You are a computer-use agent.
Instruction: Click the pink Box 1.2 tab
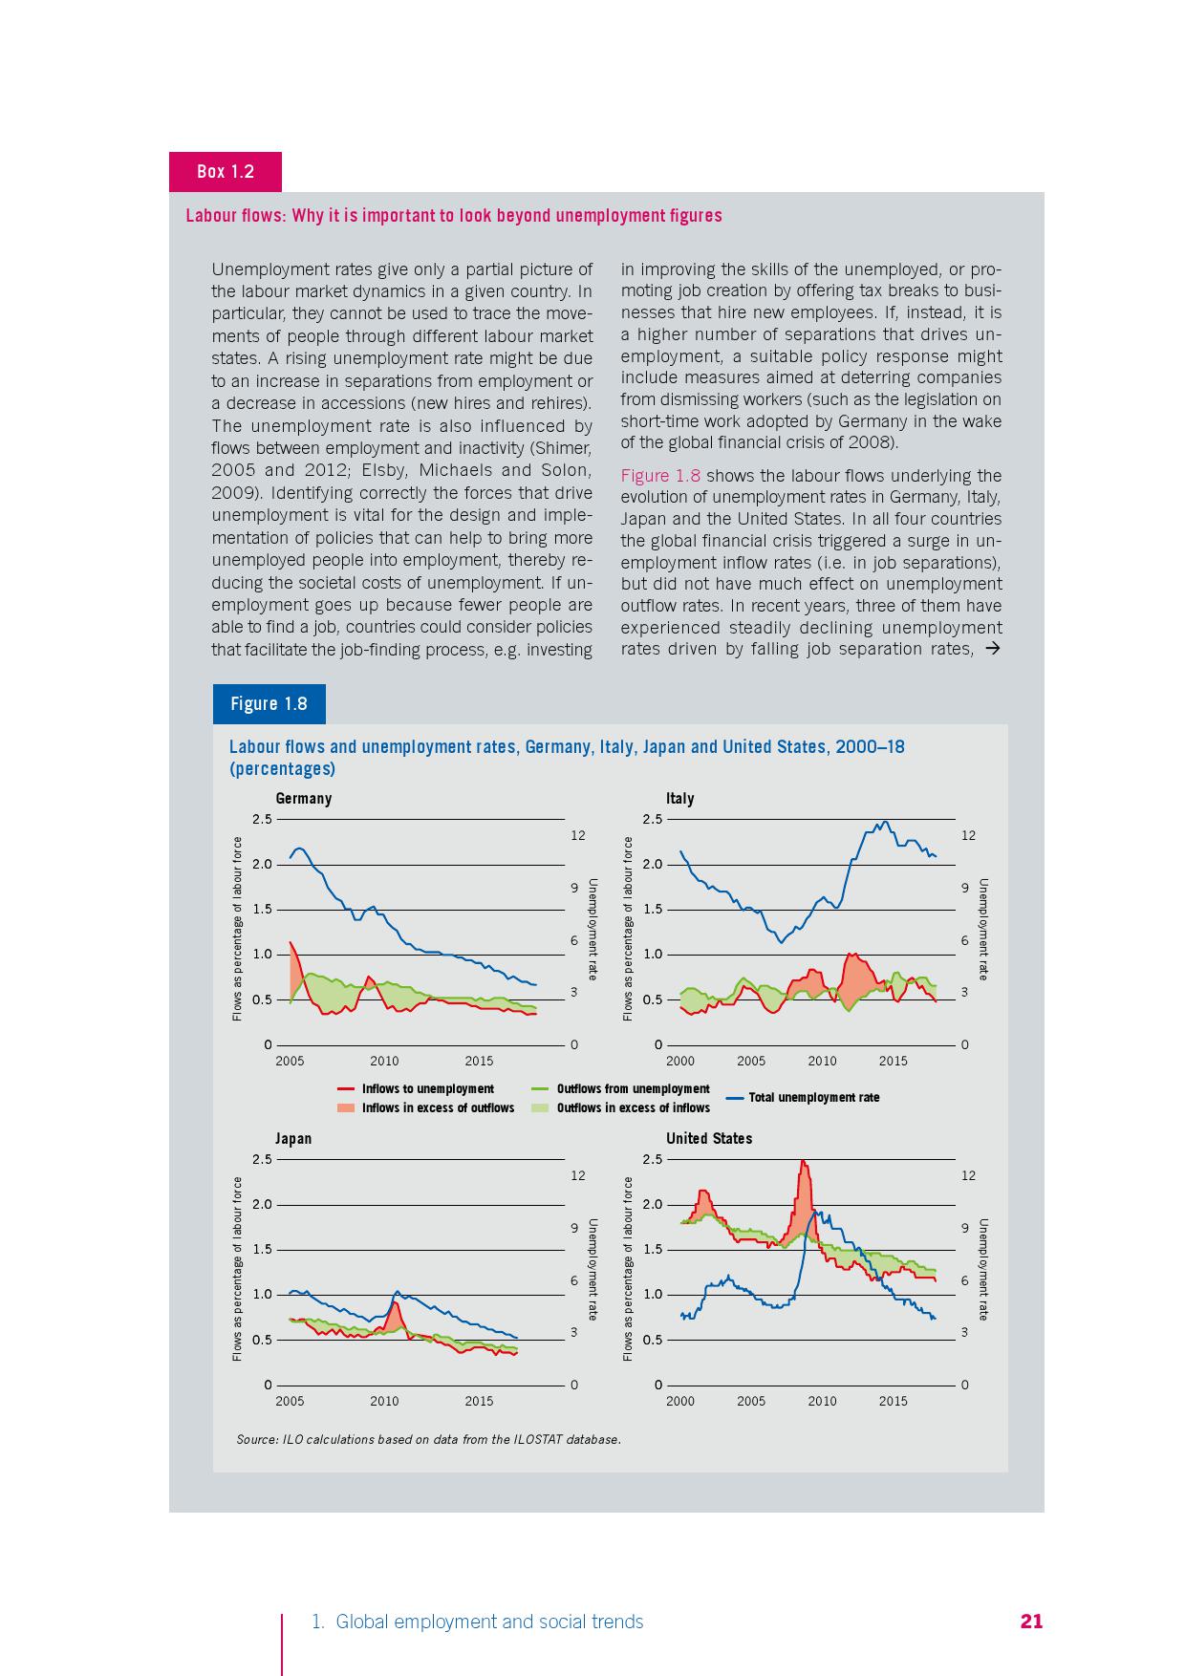coord(226,172)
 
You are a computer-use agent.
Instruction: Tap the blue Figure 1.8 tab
coord(269,704)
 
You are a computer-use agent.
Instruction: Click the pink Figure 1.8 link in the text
coord(660,476)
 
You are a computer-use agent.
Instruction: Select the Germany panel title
coord(303,799)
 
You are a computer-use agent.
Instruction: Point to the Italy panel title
coord(679,799)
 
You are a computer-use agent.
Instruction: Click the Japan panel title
coord(293,1139)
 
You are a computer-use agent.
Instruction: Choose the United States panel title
coord(708,1139)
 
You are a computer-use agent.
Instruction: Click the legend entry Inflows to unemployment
coord(427,1089)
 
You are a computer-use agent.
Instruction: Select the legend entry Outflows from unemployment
coord(633,1089)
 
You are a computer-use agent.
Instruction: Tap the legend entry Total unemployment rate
coord(813,1098)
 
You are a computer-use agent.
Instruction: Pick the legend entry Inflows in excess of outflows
coord(437,1108)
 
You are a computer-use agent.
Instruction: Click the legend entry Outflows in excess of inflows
coord(633,1108)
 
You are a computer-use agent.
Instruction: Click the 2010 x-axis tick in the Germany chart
coord(384,1062)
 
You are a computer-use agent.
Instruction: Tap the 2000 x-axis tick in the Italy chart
coord(680,1062)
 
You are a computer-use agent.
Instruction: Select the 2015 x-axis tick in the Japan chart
coord(479,1402)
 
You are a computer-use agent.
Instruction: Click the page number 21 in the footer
coord(1031,1622)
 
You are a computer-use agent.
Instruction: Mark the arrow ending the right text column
coord(992,650)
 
